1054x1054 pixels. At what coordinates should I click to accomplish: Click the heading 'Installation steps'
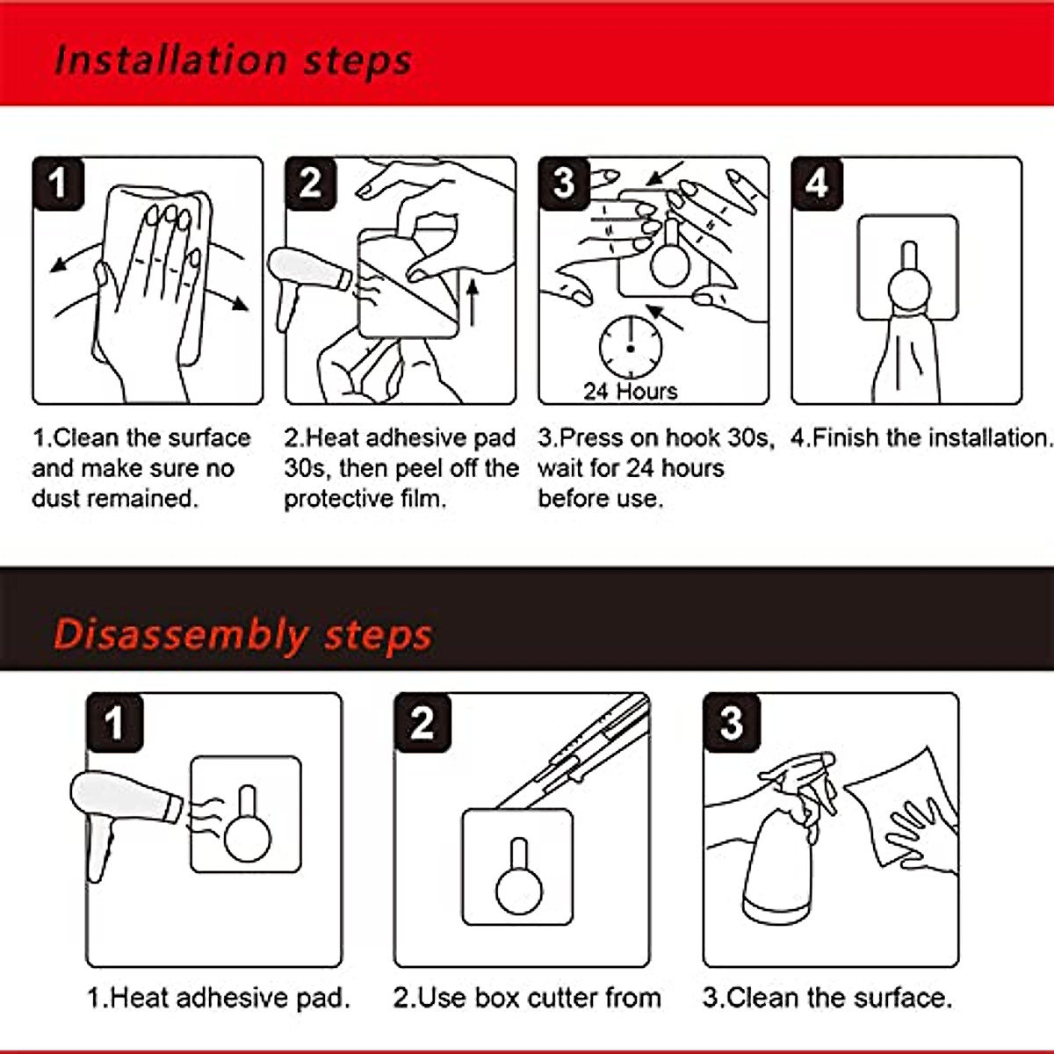233,61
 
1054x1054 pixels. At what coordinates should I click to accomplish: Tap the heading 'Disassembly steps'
242,635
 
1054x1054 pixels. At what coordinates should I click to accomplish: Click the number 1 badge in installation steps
59,184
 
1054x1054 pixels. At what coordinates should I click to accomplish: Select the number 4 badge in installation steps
817,184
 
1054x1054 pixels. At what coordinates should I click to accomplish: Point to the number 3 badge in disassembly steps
732,723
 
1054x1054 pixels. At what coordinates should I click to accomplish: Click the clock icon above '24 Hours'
631,347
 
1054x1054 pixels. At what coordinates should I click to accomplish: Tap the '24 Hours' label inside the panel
631,391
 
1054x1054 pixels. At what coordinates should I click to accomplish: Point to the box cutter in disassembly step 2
574,752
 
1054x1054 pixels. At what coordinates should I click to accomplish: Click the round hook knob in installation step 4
908,290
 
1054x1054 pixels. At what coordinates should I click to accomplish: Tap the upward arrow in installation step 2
473,304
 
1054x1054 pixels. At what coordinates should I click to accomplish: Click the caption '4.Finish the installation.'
921,437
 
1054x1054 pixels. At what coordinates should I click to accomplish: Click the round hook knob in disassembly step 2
519,891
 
